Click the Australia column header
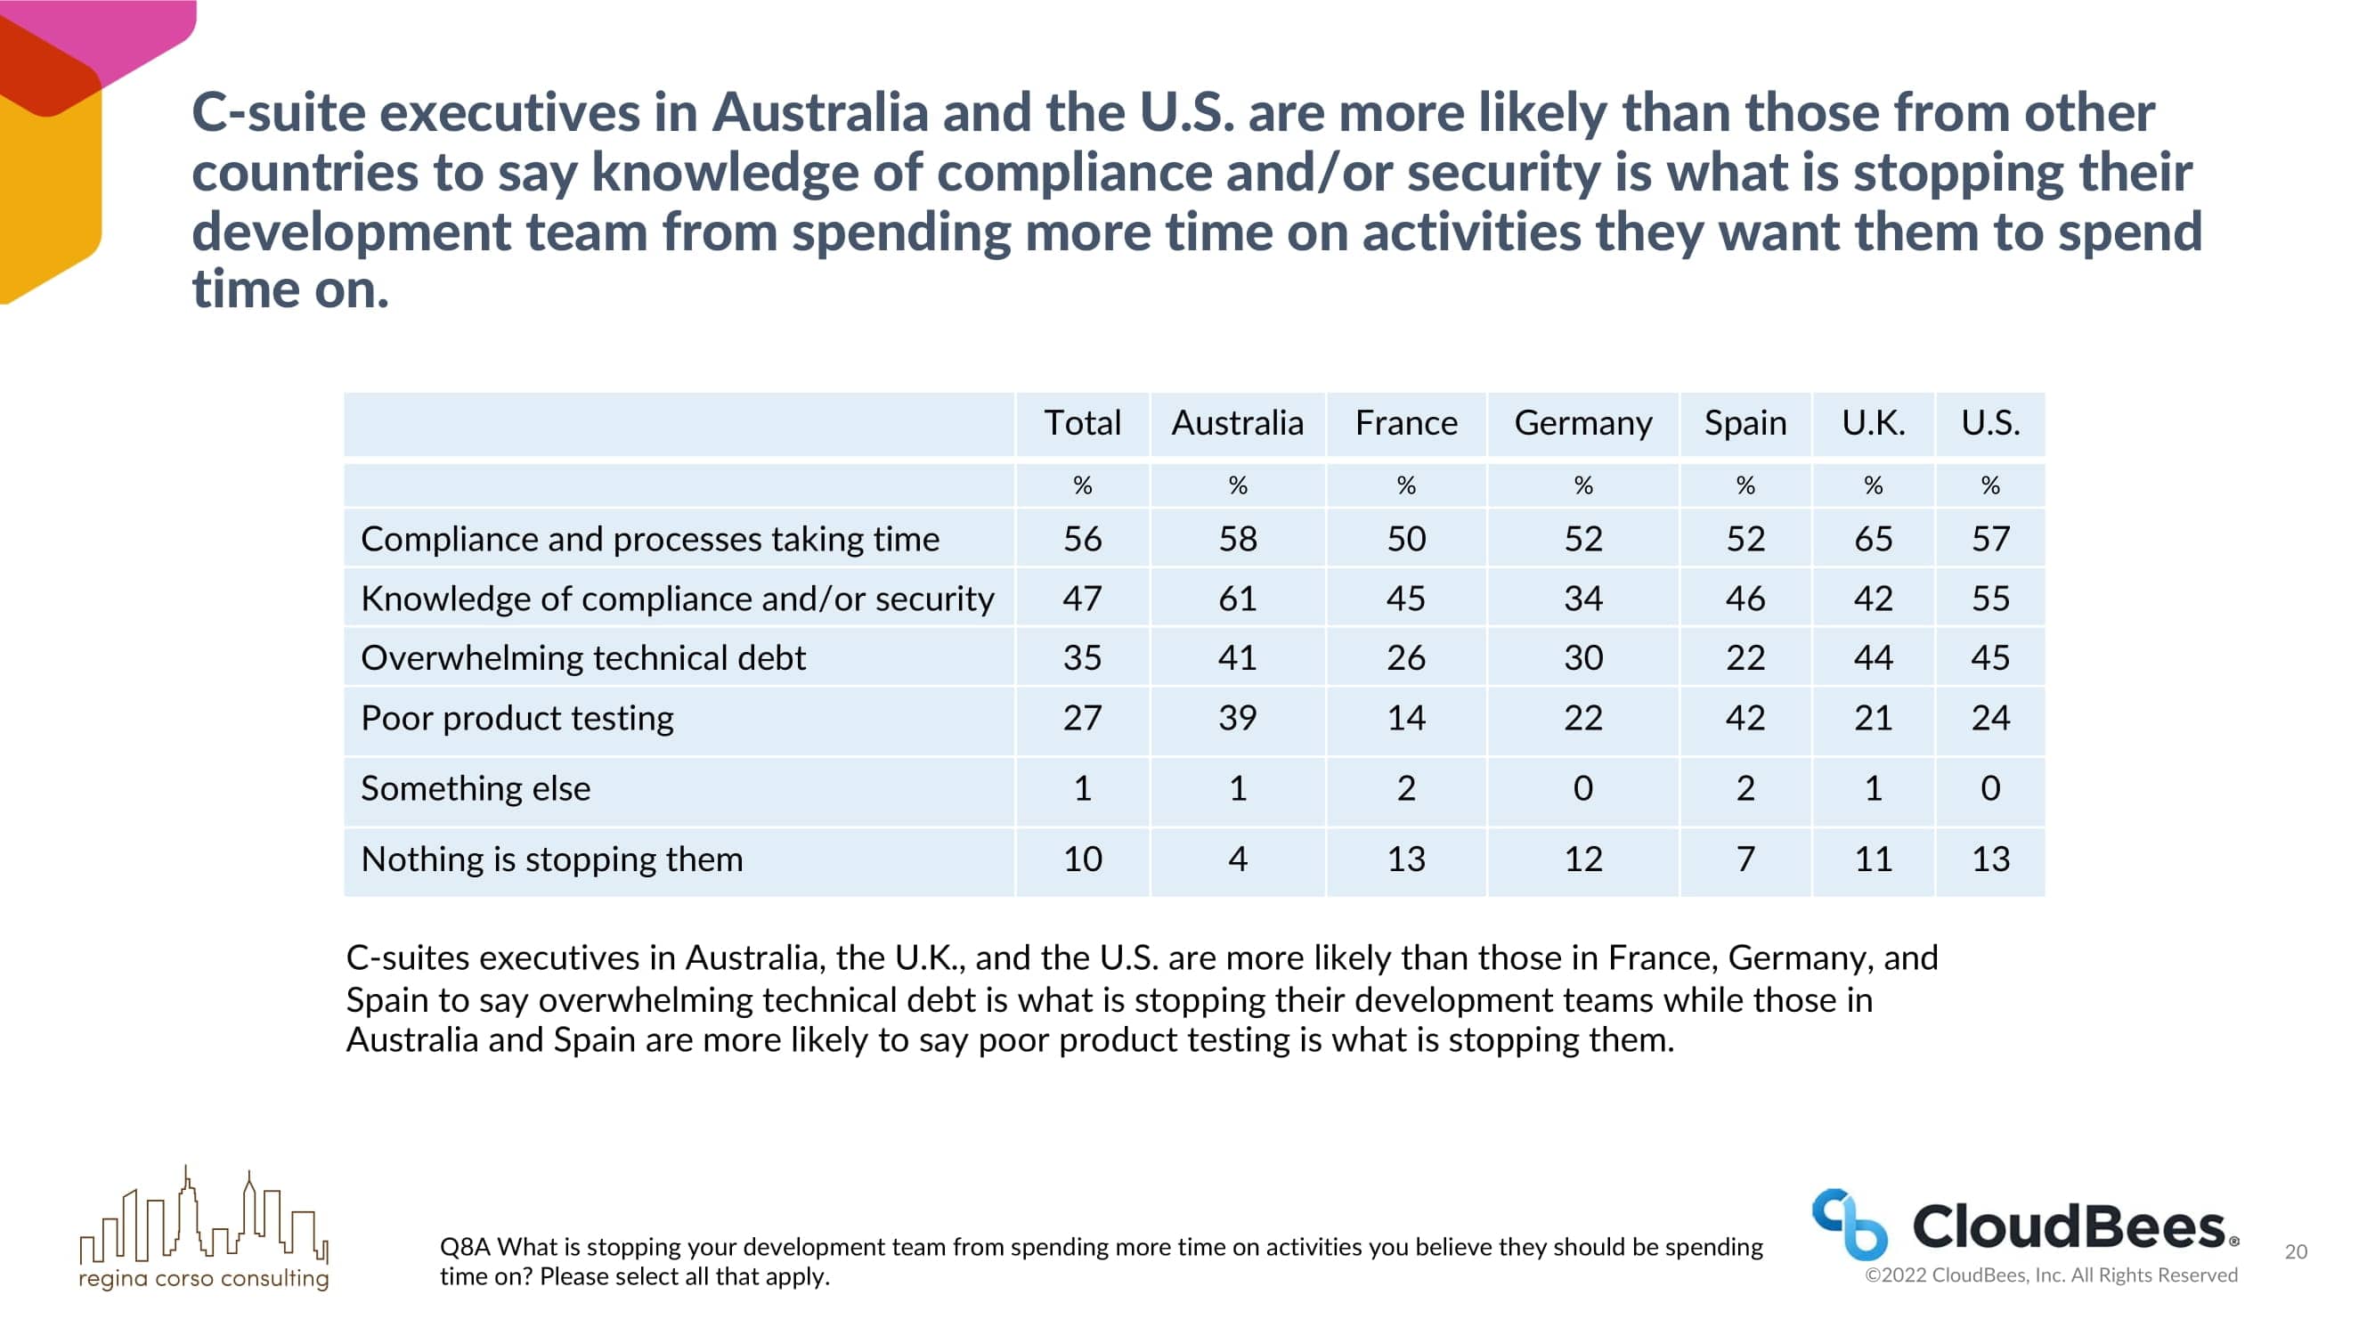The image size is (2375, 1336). click(x=1236, y=423)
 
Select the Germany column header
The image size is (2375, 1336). click(x=1582, y=423)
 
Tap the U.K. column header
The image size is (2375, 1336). click(x=1873, y=423)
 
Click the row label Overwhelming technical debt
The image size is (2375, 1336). click(x=582, y=658)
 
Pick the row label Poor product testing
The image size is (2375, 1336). click(x=517, y=718)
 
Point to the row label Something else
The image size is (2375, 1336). click(x=475, y=788)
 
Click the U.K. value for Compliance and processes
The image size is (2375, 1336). click(x=1873, y=540)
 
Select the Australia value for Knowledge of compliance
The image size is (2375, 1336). click(x=1236, y=599)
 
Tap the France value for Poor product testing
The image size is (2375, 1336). click(x=1406, y=718)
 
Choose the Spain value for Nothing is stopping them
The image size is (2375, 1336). click(x=1745, y=859)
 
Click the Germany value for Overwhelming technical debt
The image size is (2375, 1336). click(x=1582, y=658)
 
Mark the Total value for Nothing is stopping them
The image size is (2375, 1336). click(x=1081, y=859)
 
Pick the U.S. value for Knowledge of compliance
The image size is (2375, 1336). click(x=1989, y=599)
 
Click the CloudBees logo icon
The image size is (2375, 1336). click(x=1849, y=1225)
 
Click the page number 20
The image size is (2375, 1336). click(x=2296, y=1252)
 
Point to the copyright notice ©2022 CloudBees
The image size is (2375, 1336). click(x=2051, y=1275)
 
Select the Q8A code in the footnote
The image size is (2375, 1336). click(x=465, y=1248)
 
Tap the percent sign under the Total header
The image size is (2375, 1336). click(x=1081, y=486)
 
